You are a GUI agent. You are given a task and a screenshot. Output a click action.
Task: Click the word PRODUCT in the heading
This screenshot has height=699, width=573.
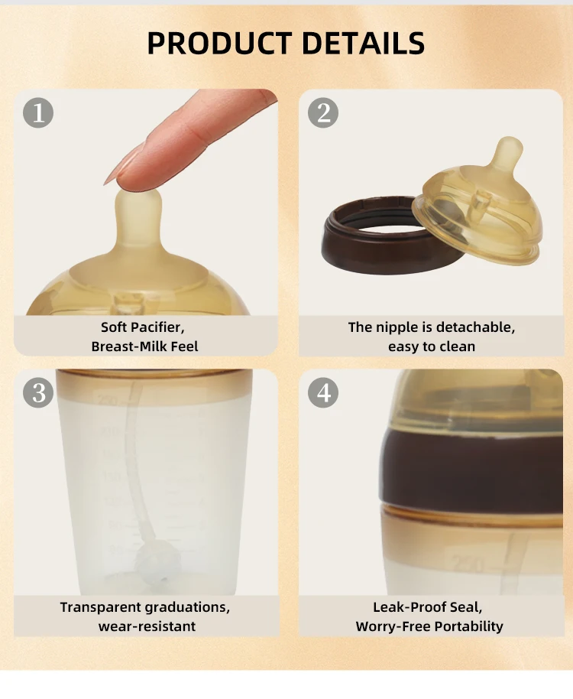click(x=219, y=43)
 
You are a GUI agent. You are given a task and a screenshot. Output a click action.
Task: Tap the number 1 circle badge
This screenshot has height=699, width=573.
click(x=38, y=113)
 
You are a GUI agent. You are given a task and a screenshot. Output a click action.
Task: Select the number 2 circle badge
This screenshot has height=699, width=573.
click(x=323, y=113)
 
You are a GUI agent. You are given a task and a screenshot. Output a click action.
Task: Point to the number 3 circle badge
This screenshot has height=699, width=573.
click(x=38, y=393)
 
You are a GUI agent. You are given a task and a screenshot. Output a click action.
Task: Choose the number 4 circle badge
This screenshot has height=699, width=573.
click(x=323, y=393)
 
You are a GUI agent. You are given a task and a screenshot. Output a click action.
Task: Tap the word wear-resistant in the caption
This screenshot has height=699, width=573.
click(x=147, y=626)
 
